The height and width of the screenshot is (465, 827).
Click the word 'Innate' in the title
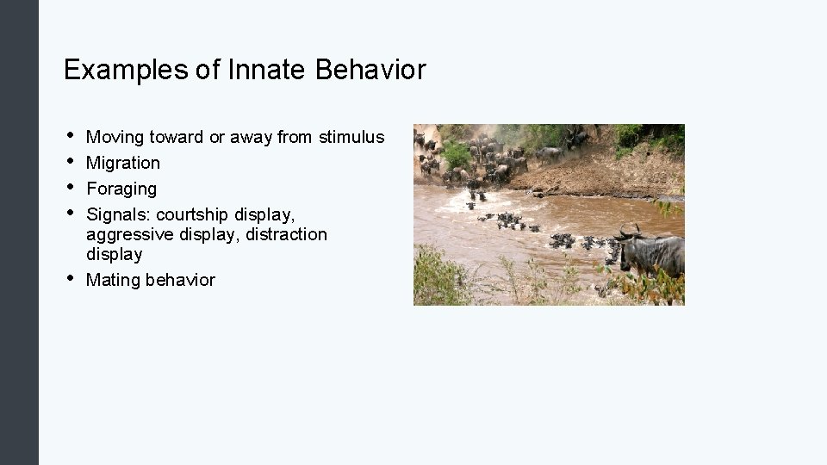click(x=268, y=70)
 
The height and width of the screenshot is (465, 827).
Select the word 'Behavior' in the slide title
click(x=370, y=70)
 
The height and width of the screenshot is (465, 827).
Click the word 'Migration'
click(x=123, y=163)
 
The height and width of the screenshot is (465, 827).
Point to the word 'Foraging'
click(x=121, y=189)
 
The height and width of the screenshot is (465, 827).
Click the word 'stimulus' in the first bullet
click(x=351, y=137)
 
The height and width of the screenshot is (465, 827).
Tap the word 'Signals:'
click(x=119, y=214)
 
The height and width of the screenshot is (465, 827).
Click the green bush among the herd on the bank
click(x=457, y=155)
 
